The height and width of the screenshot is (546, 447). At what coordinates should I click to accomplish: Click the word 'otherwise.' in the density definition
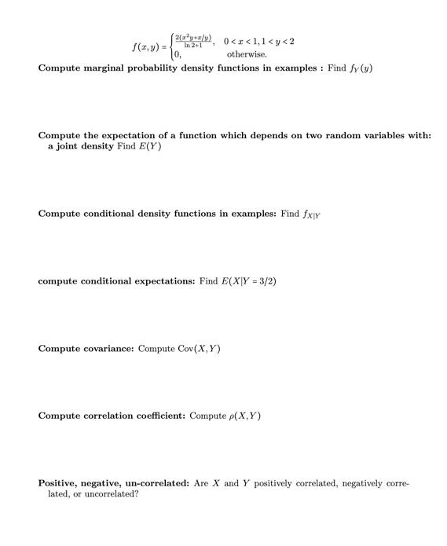point(247,54)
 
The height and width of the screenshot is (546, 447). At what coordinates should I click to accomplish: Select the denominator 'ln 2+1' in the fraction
point(192,46)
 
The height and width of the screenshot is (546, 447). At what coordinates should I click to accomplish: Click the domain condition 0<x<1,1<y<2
point(260,40)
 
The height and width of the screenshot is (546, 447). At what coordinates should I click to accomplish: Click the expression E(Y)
point(149,147)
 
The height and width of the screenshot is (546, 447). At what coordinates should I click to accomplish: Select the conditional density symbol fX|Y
point(311,214)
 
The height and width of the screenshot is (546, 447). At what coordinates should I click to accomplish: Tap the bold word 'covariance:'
point(108,348)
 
